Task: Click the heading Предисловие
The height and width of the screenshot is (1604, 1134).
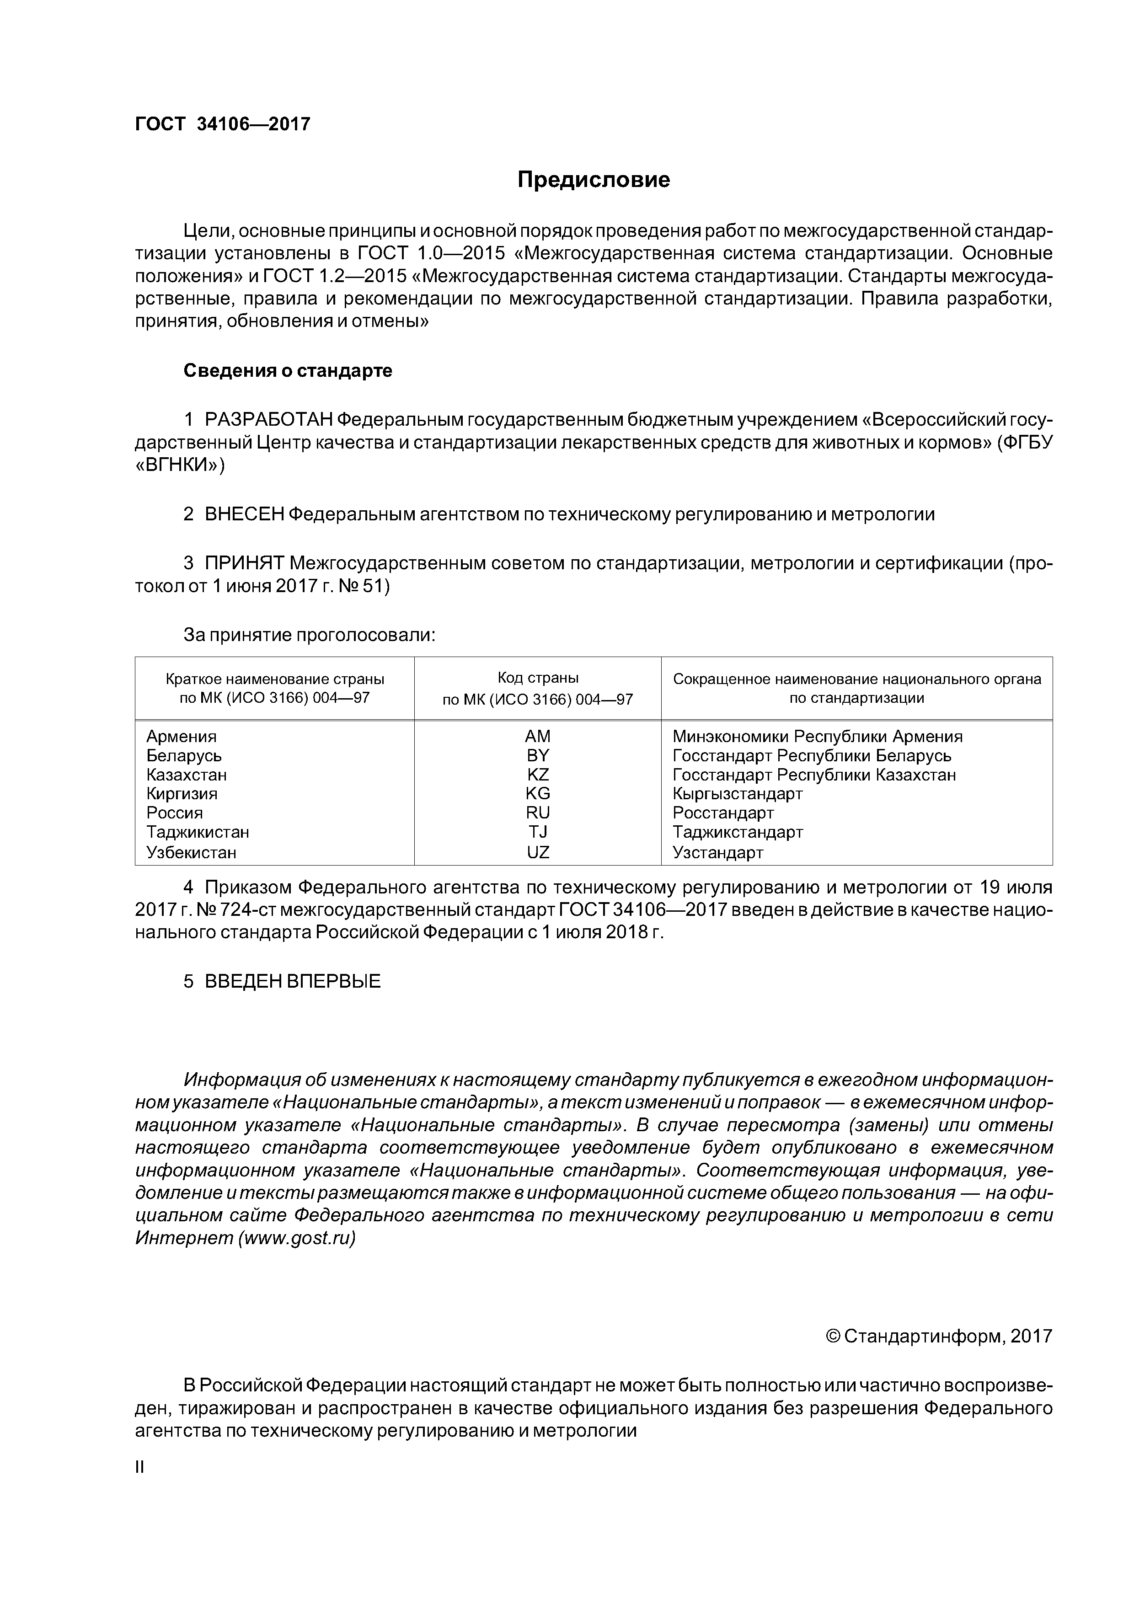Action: click(593, 180)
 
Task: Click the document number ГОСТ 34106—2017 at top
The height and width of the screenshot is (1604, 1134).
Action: click(222, 124)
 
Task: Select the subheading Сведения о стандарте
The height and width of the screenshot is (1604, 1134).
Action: click(287, 370)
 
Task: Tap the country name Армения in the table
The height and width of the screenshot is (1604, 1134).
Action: click(182, 736)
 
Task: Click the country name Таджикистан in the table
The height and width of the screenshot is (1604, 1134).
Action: click(198, 832)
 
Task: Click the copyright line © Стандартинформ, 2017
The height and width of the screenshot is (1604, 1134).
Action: click(938, 1337)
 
